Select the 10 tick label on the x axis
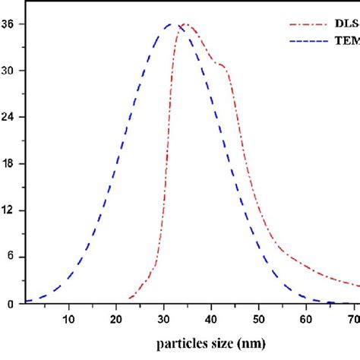[69, 317]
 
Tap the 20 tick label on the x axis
[116, 317]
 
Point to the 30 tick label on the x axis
[163, 317]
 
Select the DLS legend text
[346, 22]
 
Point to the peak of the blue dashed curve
[171, 24]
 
